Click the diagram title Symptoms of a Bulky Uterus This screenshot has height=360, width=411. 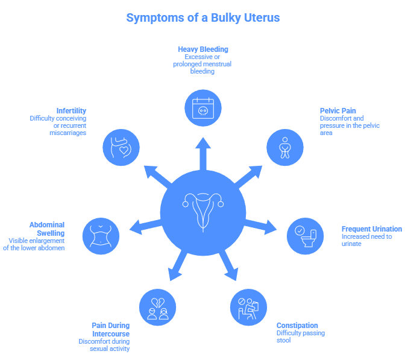pos(203,17)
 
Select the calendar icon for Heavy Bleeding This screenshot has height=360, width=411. pos(203,108)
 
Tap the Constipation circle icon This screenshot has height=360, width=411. pos(248,308)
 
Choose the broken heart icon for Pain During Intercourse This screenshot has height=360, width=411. pos(157,308)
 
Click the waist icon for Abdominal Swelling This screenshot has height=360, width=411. pos(101,235)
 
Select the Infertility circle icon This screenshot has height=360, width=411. pos(121,147)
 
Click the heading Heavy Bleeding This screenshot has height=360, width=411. pos(203,49)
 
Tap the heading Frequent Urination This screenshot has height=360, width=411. pos(371,229)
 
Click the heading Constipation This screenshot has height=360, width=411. pos(297,325)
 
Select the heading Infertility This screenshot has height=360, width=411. pos(71,111)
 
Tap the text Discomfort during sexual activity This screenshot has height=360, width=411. pos(104,345)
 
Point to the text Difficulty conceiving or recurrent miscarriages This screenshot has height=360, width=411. pos(58,125)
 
